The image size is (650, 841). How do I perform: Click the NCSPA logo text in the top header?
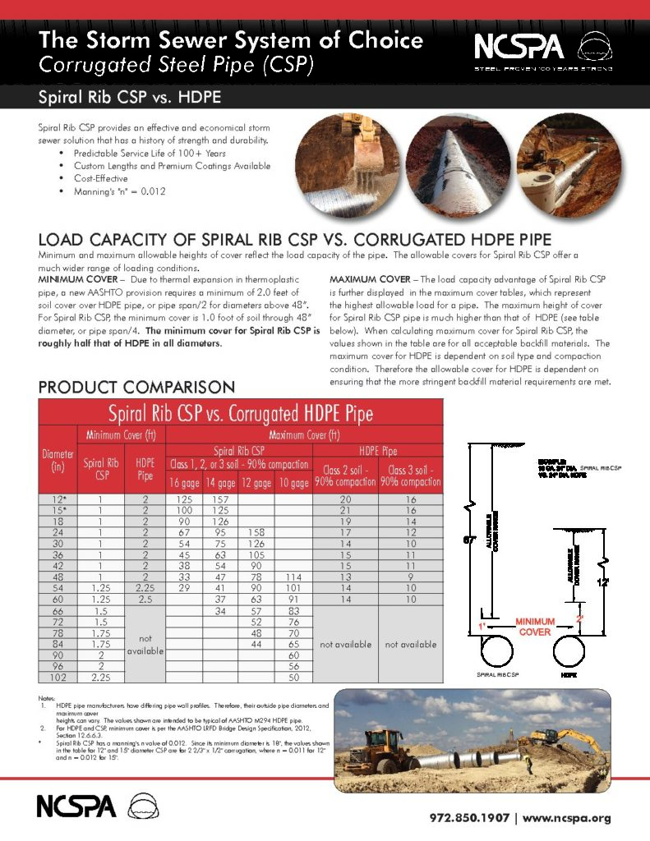tap(518, 45)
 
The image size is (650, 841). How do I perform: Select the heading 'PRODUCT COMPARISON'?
tap(136, 386)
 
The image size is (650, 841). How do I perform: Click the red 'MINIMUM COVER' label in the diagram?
tap(535, 627)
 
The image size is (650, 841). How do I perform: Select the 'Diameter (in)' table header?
tap(58, 460)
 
